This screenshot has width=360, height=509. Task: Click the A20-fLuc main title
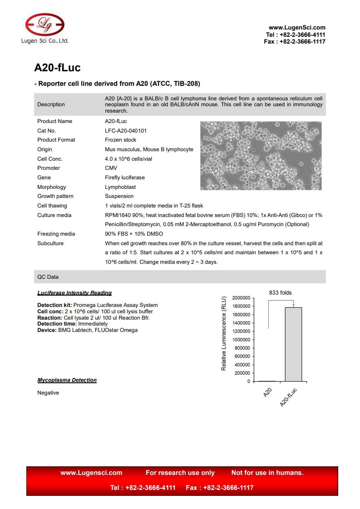[57, 68]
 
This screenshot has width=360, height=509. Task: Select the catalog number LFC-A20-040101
[126, 131]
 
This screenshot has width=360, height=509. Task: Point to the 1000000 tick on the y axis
[241, 340]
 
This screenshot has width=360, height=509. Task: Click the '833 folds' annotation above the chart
[280, 293]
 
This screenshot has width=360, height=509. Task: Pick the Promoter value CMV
[111, 168]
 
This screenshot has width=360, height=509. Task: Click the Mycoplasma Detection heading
[67, 380]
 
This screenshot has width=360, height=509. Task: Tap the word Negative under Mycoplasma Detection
[48, 393]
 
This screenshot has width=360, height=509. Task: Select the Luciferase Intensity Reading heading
[74, 293]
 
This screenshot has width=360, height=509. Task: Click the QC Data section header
[48, 277]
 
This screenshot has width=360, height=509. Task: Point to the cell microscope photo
[261, 155]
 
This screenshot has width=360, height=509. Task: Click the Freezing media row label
[56, 234]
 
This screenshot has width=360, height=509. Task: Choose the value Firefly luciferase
[125, 178]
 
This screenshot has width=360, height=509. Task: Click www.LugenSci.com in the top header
[297, 28]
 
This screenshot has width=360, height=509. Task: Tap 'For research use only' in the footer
[180, 473]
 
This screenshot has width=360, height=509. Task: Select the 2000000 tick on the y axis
[241, 298]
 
